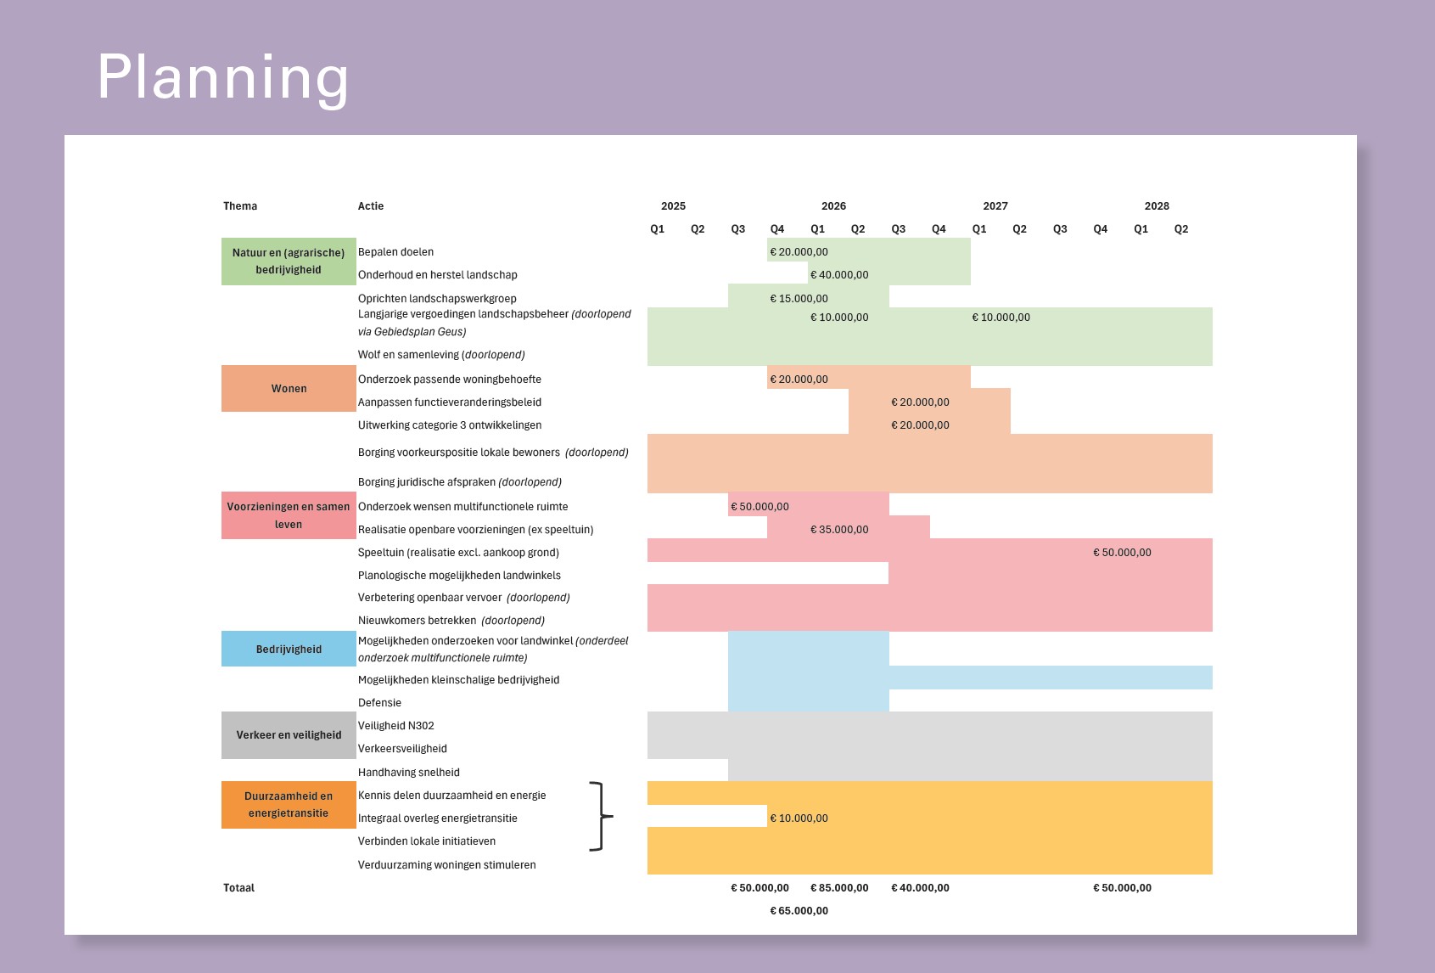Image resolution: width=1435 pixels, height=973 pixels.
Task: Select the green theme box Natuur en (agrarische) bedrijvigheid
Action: coord(289,262)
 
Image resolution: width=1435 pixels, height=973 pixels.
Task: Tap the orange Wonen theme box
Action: coord(289,389)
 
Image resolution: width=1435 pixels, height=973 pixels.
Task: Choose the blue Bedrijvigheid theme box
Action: coord(289,650)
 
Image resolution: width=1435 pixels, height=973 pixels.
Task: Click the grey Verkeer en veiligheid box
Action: coord(289,735)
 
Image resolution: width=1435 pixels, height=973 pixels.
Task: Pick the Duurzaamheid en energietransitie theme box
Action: coord(289,805)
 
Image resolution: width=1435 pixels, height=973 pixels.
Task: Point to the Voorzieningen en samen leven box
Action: coord(289,515)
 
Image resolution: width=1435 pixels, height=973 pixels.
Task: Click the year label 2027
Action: coord(995,206)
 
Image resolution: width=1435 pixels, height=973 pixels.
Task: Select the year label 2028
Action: coord(1157,206)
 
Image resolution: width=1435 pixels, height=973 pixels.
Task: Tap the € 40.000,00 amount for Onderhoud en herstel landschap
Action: coord(839,275)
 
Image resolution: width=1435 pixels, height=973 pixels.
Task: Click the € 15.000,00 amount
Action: coord(799,299)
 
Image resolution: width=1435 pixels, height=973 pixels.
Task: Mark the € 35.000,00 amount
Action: coord(839,530)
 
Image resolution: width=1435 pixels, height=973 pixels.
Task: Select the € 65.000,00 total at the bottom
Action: coord(799,911)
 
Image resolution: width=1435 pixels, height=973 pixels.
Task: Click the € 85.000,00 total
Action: coord(839,888)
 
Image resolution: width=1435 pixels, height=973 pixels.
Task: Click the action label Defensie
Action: coord(379,703)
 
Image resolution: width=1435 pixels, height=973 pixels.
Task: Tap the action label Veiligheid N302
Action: coord(395,726)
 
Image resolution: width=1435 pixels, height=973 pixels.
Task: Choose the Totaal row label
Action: coord(238,888)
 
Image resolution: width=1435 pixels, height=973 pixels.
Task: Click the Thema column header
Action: coord(240,206)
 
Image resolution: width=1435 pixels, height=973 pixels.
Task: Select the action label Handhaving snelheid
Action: coord(409,773)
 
